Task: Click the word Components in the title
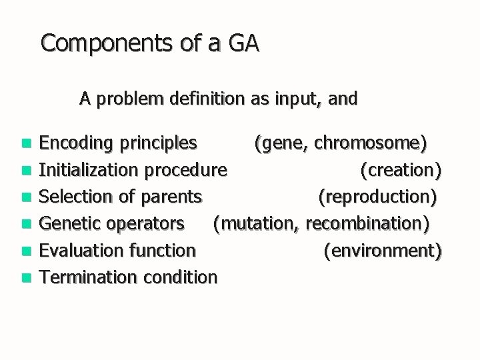[x=97, y=44]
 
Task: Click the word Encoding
[x=75, y=143]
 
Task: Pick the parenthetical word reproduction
[x=378, y=197]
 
